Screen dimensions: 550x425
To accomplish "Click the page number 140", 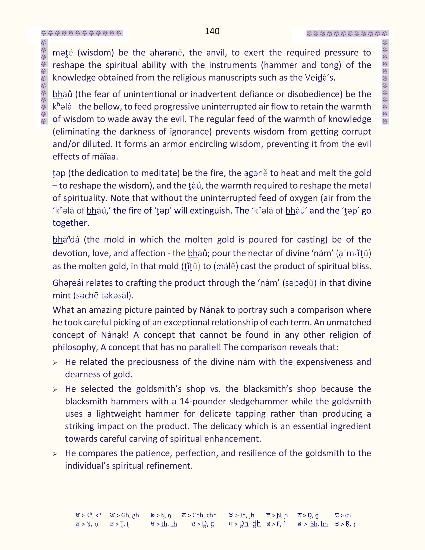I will click(x=212, y=31).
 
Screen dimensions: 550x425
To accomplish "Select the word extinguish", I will click(x=210, y=210).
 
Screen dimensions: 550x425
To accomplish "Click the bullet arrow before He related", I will click(x=55, y=363).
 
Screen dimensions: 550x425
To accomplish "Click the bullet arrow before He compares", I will click(x=55, y=454).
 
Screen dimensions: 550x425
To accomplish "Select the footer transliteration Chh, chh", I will click(x=204, y=515).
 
